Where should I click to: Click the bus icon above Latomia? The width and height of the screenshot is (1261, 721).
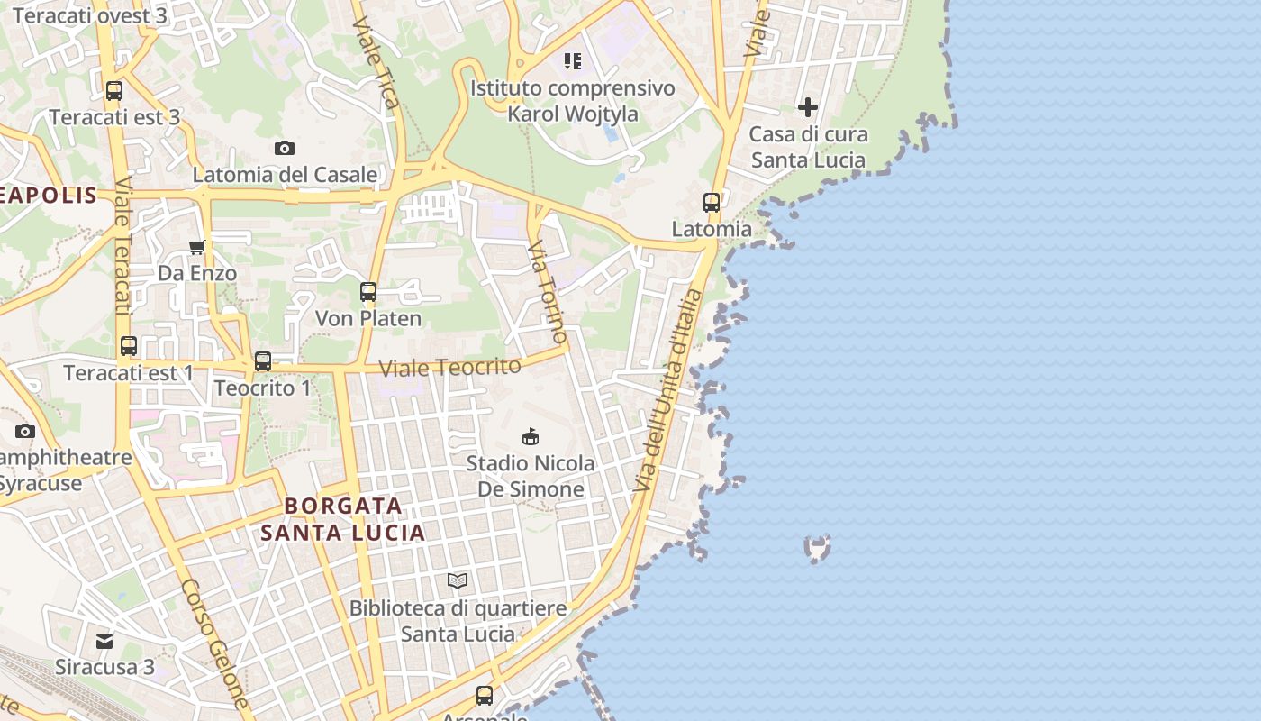[x=712, y=202]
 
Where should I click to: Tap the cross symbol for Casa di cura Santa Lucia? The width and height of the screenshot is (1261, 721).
[x=808, y=107]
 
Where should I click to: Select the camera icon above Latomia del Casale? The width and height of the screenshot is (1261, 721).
[x=285, y=148]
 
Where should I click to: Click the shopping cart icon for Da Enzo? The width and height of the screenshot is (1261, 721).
[x=196, y=247]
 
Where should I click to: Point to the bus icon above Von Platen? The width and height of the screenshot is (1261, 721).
[x=367, y=292]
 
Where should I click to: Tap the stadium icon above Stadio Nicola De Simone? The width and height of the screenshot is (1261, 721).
[x=531, y=436]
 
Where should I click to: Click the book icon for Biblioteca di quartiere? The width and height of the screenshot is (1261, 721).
[x=458, y=581]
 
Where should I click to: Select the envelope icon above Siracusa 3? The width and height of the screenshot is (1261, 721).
[x=104, y=641]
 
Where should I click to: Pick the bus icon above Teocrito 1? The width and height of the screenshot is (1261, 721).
[x=262, y=361]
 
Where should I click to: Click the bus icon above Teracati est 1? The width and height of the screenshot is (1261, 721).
[x=129, y=345]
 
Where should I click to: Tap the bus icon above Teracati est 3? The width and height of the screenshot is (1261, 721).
[x=114, y=90]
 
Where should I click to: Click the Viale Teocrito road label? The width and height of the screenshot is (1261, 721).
[x=449, y=367]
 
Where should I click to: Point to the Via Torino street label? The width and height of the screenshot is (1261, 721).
[x=548, y=290]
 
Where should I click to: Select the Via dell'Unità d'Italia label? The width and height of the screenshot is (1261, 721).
[x=667, y=389]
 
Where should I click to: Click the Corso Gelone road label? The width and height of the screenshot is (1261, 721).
[x=214, y=641]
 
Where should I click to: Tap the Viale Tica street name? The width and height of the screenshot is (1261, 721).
[x=376, y=61]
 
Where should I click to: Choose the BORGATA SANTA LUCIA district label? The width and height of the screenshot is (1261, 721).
[x=343, y=518]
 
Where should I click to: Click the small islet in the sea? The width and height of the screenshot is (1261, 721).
[x=817, y=547]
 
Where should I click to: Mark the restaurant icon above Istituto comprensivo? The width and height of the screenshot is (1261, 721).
[x=573, y=61]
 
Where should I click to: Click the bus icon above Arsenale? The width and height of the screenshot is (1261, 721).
[x=485, y=695]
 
